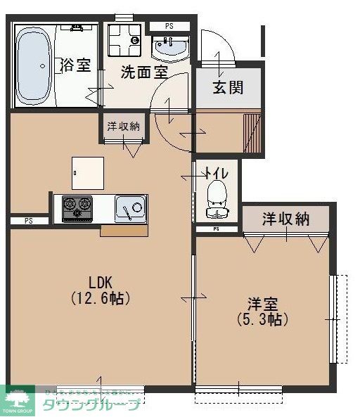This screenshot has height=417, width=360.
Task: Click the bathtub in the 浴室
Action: click(32, 65)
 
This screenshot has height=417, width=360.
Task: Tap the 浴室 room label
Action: click(76, 66)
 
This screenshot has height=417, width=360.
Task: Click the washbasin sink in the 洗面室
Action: click(170, 49)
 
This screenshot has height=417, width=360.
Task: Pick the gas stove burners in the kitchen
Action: click(77, 207)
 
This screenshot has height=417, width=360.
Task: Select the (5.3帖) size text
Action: click(261, 320)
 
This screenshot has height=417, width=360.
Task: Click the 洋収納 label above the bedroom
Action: click(285, 219)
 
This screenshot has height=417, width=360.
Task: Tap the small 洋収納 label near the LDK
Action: click(123, 127)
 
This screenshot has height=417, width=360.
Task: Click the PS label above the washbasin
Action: click(169, 27)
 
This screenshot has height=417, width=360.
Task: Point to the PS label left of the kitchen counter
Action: click(29, 221)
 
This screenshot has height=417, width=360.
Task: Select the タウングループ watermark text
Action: click(91, 405)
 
